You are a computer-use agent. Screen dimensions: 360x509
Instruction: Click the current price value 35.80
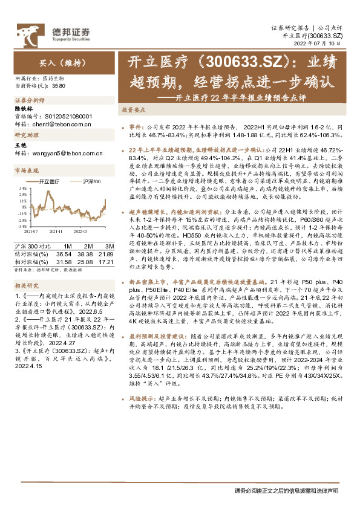coord(59,87)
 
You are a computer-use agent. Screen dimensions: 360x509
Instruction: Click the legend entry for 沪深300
coord(91,181)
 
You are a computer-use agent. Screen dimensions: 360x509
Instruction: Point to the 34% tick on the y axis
coord(22,188)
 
